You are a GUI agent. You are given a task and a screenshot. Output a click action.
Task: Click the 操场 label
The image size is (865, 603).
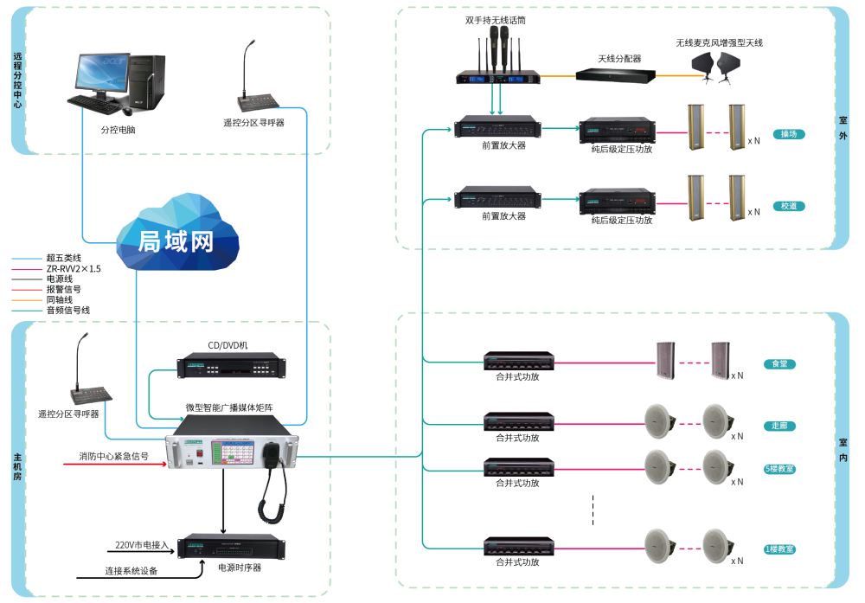[x=789, y=135]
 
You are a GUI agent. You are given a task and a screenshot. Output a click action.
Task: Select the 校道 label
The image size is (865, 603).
[x=789, y=207]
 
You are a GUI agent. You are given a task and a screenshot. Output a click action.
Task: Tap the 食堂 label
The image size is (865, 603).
[x=779, y=364]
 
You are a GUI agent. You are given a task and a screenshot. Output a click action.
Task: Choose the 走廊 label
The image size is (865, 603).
[x=779, y=427]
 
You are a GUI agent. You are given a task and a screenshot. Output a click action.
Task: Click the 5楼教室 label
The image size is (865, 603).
[x=779, y=469]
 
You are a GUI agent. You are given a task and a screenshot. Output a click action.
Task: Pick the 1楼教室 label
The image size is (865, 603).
[x=779, y=549]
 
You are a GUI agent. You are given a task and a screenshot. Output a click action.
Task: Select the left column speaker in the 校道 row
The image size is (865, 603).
[x=695, y=198]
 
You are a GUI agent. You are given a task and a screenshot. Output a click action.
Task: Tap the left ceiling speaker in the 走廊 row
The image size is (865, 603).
[x=658, y=420]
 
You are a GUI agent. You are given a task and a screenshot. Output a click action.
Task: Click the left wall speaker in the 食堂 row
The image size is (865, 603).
[x=664, y=360]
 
